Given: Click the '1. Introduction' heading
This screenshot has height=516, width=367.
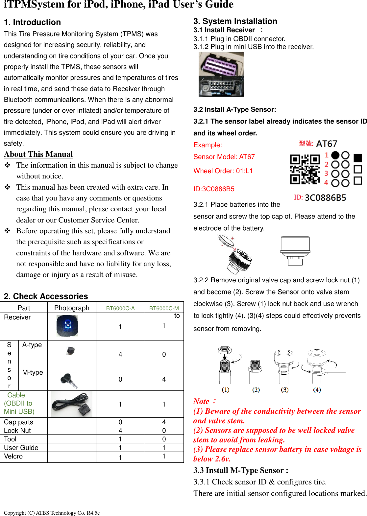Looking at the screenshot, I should tap(32, 22).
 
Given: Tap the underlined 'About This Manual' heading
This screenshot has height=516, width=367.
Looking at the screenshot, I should tap(38, 154).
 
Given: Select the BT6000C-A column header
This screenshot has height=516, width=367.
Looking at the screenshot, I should tap(120, 308).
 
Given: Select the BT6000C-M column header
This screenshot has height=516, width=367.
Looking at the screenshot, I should tap(164, 308).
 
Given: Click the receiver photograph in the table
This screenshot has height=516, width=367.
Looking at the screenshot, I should tap(67, 326).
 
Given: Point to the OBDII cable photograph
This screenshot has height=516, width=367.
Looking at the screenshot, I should tap(72, 404).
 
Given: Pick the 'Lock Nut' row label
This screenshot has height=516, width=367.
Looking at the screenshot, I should tap(17, 431).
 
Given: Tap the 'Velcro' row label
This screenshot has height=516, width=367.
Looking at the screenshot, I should tap(13, 456).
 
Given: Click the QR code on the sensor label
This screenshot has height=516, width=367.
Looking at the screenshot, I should tap(305, 169).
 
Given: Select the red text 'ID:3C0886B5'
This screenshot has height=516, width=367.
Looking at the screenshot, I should tap(214, 189).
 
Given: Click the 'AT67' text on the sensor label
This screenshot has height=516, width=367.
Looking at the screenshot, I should tap(327, 144).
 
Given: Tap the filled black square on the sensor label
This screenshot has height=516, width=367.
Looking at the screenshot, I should tap(358, 158).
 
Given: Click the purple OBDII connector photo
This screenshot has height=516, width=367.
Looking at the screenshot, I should tap(221, 74).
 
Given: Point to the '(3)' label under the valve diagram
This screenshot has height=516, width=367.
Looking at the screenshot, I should tap(285, 390).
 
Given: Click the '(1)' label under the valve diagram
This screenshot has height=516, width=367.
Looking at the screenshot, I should tap(226, 390).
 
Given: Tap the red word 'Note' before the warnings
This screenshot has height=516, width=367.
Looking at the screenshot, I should tap(201, 401).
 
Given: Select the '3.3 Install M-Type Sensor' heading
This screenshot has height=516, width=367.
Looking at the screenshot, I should tap(241, 470).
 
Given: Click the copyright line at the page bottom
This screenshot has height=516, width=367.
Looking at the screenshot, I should tap(52, 513).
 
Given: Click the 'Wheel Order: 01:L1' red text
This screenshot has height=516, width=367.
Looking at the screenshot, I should tap(223, 171).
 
